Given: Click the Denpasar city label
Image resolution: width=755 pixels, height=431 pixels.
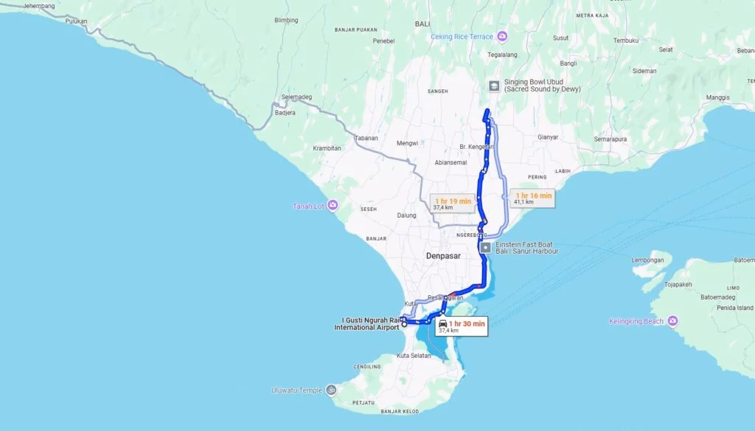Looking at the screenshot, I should point(442,255).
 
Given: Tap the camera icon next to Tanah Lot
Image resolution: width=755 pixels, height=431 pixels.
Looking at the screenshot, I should point(333,204).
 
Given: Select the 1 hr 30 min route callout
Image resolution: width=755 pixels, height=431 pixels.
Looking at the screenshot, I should point(462,325).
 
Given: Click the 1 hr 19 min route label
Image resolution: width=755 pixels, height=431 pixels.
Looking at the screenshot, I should point(453,204).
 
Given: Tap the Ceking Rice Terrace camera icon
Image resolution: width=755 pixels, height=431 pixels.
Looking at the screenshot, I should point(502,35).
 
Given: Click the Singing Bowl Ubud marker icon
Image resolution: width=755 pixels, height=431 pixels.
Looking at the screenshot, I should point(493,85).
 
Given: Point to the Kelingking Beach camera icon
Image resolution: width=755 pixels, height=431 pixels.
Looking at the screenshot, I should point(672,321).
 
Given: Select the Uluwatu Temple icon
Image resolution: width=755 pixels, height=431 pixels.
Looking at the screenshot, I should point(332,390).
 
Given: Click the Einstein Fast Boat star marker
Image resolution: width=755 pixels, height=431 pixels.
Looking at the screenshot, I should point(485,247).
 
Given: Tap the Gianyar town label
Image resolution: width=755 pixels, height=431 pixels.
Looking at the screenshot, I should point(548,137).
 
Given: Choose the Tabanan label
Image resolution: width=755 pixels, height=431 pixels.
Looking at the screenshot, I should point(366,138).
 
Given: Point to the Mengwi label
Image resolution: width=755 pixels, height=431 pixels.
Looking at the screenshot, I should point(407,142).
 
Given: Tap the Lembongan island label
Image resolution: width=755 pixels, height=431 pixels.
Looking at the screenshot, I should point(652,260).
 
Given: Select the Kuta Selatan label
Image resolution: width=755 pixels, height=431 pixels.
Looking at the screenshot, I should point(413,356).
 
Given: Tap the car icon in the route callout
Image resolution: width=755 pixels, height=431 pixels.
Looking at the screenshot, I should point(442,323).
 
